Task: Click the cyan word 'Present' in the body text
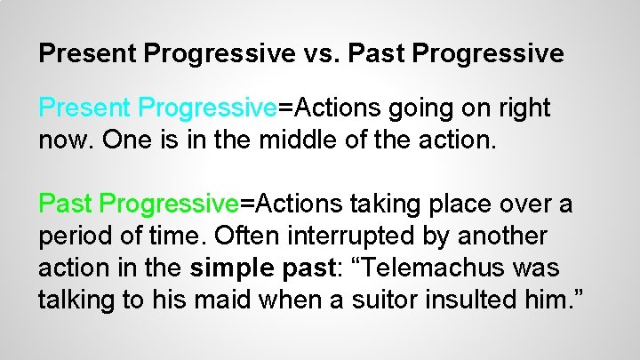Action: tap(85, 108)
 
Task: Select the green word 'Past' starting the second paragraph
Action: tap(67, 204)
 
